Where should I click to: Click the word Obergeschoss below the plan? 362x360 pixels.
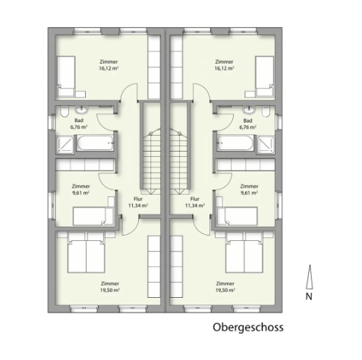247,329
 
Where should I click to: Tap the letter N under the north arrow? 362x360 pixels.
309,297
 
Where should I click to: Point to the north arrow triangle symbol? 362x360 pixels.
309,279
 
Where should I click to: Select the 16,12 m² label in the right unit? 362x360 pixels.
224,67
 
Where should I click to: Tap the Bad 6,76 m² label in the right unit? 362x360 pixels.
247,124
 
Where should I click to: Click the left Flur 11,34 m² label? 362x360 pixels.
137,202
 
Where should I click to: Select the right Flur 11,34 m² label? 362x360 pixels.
195,202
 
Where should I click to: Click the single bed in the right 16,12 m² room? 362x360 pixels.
264,76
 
